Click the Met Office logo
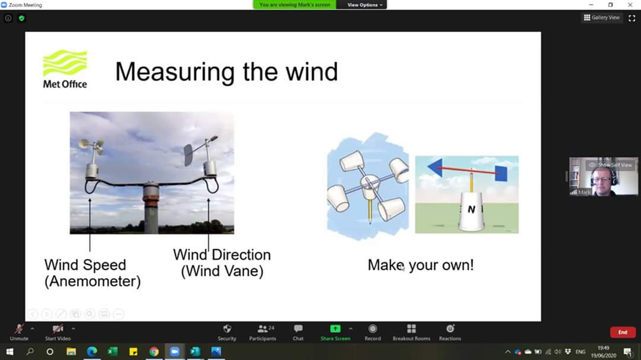[65, 69]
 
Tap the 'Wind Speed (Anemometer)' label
[92, 273]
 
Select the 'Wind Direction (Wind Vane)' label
[222, 263]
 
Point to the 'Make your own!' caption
[420, 265]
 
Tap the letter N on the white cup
[471, 209]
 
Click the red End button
[622, 332]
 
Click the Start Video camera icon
[58, 329]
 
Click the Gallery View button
[602, 18]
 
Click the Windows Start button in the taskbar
[9, 352]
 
